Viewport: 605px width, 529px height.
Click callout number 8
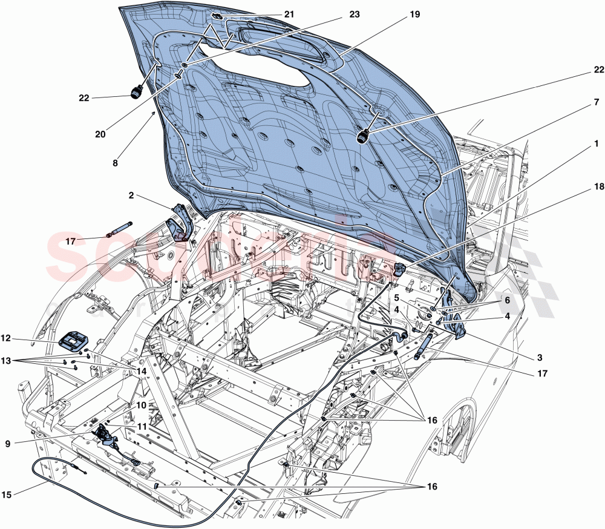coord(116,162)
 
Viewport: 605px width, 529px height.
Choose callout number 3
coord(539,358)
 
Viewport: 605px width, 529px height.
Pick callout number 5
coord(396,298)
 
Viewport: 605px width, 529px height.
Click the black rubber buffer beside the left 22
coord(136,92)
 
